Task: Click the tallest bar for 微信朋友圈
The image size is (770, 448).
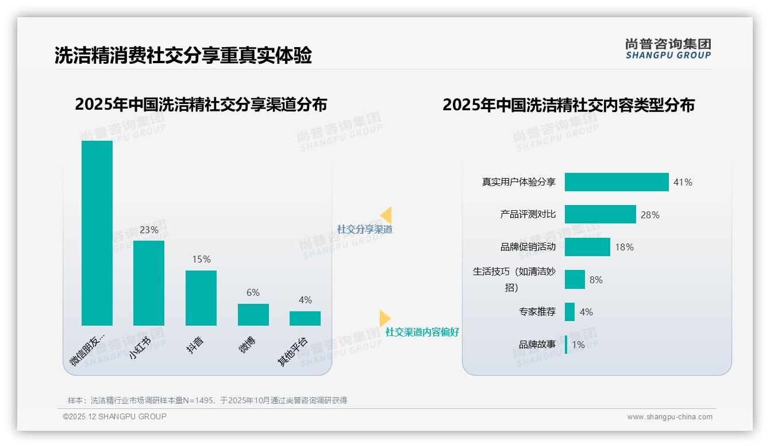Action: point(97,233)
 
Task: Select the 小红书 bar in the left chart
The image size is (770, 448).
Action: point(149,283)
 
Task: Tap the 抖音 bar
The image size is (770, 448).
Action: point(201,298)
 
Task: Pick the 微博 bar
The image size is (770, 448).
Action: point(253,315)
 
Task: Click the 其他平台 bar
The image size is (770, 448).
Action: point(305,318)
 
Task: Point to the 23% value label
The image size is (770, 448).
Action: point(149,230)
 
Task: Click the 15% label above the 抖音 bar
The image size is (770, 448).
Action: point(201,260)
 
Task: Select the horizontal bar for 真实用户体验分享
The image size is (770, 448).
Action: point(617,182)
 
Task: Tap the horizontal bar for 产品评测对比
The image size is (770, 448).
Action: point(600,214)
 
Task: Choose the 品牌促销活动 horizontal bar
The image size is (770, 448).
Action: point(587,247)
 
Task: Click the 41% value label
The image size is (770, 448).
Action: point(683,183)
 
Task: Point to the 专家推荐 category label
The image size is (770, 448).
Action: point(537,312)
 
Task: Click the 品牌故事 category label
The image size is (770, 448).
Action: point(537,345)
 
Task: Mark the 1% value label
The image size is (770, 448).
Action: point(578,345)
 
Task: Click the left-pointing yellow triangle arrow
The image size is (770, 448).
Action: point(387,215)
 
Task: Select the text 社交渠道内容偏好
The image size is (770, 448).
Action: point(422,333)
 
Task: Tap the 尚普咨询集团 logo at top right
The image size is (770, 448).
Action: point(668,49)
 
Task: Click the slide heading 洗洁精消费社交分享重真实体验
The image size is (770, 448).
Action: point(183,56)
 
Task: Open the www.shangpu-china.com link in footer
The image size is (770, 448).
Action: point(669,417)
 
